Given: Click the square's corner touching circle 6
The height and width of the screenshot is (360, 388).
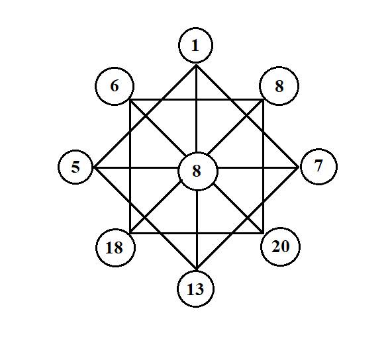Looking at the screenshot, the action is pyautogui.click(x=130, y=100).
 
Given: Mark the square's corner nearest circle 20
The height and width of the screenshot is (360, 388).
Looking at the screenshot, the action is pyautogui.click(x=264, y=233).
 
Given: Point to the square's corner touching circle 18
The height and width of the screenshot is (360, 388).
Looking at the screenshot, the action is pyautogui.click(x=130, y=233).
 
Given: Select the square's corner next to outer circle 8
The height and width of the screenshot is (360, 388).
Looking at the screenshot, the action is pyautogui.click(x=264, y=100).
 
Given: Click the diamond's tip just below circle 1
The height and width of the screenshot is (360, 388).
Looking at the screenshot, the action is pyautogui.click(x=196, y=65).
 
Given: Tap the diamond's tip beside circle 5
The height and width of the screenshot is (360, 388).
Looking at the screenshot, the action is pyautogui.click(x=95, y=168).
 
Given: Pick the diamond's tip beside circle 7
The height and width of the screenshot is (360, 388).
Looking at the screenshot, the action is pyautogui.click(x=298, y=167).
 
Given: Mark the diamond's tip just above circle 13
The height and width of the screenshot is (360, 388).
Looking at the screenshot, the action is pyautogui.click(x=197, y=269).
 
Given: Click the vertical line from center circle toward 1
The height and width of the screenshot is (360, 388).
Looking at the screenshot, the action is pyautogui.click(x=196, y=109).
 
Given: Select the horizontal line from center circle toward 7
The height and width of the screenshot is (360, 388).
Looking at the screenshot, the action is pyautogui.click(x=258, y=168).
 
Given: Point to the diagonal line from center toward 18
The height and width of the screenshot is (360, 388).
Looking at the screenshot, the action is pyautogui.click(x=155, y=207).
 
